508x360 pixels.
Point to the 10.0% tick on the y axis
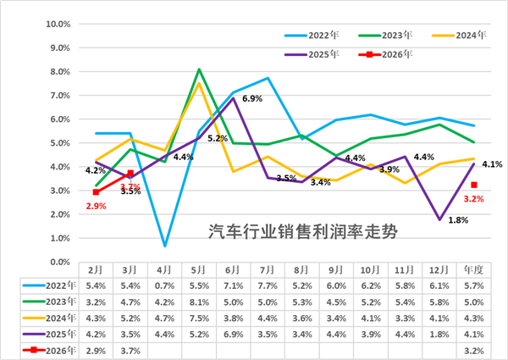55,24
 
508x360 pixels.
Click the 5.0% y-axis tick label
57,143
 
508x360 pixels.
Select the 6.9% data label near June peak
252,99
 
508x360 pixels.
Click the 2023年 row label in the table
60,301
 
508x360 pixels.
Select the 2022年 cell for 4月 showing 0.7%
164,285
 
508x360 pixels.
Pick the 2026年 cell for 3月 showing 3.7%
130,350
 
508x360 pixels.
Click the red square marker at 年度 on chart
474,186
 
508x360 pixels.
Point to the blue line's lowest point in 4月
164,246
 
